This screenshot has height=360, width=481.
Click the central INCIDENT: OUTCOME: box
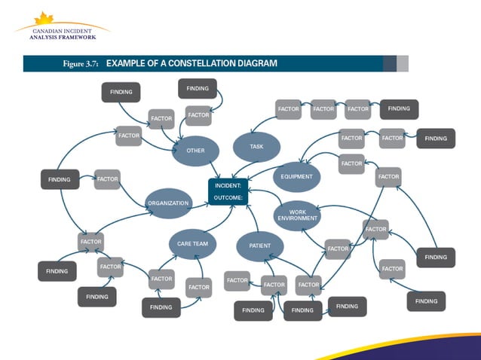228,191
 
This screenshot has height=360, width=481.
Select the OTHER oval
195,151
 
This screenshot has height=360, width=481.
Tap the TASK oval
256,147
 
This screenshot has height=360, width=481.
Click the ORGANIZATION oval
168,203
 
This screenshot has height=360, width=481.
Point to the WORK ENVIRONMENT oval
297,215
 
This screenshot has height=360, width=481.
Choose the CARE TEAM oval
192,244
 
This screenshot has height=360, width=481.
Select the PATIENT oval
260,246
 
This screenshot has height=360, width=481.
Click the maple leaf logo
43,18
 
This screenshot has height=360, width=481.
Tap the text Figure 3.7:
82,64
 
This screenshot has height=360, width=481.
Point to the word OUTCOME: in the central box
226,197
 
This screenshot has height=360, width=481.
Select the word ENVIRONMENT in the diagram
297,218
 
